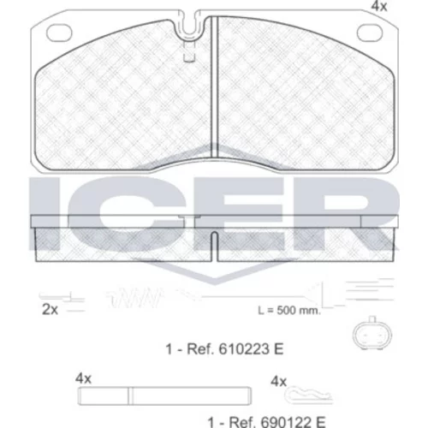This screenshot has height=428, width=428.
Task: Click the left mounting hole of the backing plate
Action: point(58,33)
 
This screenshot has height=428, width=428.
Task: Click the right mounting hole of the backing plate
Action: point(370,33)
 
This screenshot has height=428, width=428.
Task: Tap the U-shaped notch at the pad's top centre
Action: point(188,28)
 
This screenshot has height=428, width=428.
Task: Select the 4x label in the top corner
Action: point(379,6)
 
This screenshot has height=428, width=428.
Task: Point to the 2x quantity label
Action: point(50,309)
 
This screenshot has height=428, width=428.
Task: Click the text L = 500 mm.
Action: point(289,311)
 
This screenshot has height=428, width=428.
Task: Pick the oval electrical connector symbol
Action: point(372,333)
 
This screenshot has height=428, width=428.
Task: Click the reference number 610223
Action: point(244,349)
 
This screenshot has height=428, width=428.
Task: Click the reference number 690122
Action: point(286,421)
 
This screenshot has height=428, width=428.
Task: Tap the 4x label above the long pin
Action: point(83,379)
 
